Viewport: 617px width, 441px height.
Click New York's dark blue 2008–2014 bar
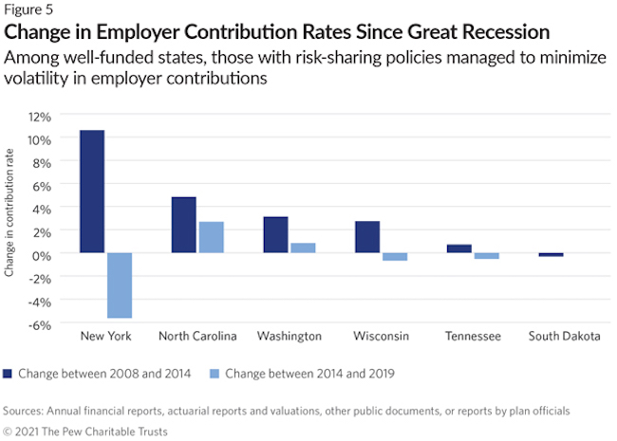pos(92,192)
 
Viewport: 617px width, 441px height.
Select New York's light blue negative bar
pos(119,285)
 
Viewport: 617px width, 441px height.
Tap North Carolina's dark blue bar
pos(183,225)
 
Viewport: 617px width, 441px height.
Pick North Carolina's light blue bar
pos(210,237)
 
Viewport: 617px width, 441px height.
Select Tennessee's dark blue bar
pos(458,248)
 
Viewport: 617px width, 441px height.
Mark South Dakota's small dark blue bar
pos(551,254)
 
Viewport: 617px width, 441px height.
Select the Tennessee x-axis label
pos(472,337)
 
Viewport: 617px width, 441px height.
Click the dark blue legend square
pos(9,373)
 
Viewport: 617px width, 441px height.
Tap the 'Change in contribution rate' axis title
pos(10,220)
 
